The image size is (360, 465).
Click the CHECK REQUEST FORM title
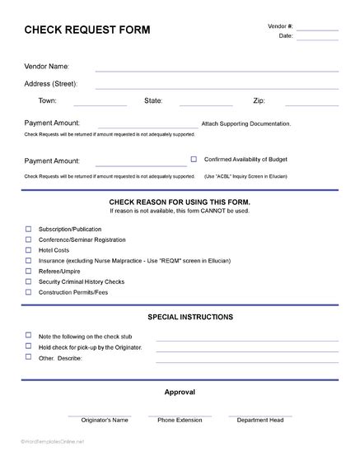point(87,30)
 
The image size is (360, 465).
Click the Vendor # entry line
point(317,29)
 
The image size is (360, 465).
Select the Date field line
point(317,39)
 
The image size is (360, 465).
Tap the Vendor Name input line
point(217,69)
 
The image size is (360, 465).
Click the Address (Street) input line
point(217,86)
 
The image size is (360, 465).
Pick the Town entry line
point(100,104)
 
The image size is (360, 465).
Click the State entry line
point(206,104)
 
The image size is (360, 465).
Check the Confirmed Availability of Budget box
point(194,159)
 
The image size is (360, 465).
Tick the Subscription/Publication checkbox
point(29,229)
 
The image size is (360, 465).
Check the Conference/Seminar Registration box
point(29,239)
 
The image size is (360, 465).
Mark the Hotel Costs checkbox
point(29,249)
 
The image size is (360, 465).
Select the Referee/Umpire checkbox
point(29,270)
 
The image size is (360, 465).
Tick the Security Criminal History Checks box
point(29,281)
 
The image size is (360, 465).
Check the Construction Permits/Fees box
point(29,291)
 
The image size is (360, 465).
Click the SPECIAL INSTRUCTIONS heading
point(189,317)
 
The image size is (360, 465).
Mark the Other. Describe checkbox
point(29,356)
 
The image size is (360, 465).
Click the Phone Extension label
point(180,420)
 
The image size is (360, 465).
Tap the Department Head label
point(259,420)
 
